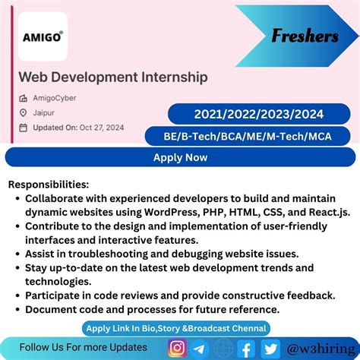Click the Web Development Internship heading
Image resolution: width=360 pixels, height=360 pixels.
[x=113, y=77]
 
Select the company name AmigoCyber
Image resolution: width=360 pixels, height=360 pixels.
[x=55, y=98]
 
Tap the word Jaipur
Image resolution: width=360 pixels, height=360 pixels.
[x=43, y=112]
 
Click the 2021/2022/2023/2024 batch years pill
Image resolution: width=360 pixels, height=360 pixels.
[x=258, y=114]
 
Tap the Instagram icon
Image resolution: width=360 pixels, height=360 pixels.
[x=178, y=348]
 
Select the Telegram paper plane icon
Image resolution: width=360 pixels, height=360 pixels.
[x=200, y=348]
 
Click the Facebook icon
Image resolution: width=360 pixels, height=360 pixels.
[x=245, y=348]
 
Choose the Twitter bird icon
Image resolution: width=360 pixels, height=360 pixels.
[x=269, y=348]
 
